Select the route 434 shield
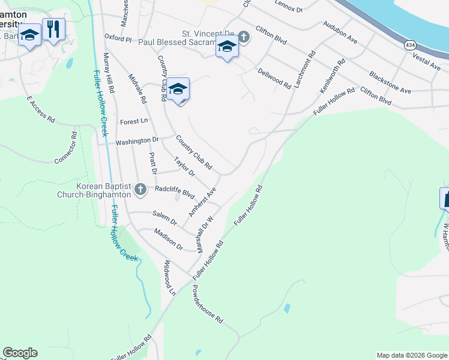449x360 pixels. click(x=411, y=46)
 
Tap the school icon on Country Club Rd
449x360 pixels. click(x=178, y=90)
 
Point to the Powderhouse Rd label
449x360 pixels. click(x=207, y=304)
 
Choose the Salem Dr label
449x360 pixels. click(x=164, y=217)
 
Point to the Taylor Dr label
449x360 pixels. click(x=184, y=167)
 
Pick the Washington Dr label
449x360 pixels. click(x=137, y=140)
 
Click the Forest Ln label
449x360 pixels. click(x=133, y=121)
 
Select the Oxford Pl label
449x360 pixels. click(x=117, y=37)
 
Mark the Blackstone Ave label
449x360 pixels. click(x=390, y=82)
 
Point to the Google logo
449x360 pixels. click(x=20, y=353)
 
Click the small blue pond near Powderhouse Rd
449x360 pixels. click(x=286, y=308)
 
